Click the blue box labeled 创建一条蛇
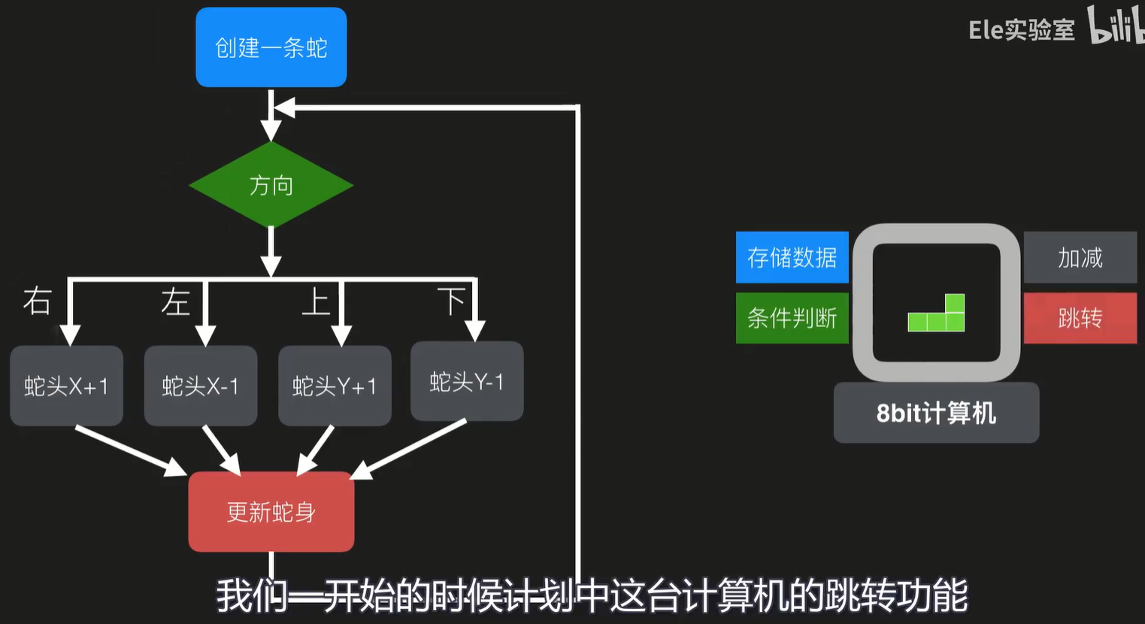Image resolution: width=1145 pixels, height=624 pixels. tap(271, 47)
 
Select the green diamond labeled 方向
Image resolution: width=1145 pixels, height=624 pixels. tap(271, 185)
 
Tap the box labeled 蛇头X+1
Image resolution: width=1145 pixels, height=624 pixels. tap(66, 386)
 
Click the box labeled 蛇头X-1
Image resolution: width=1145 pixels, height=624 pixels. tap(201, 386)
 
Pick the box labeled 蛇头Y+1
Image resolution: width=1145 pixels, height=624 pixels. tap(335, 386)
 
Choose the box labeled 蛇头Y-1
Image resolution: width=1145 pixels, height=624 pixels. tap(467, 381)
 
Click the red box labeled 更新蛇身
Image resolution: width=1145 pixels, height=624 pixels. tap(271, 512)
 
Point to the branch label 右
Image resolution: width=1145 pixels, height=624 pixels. tap(37, 301)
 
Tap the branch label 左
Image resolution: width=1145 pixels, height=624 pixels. tap(175, 301)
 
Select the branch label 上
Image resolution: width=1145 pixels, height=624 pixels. tap(315, 301)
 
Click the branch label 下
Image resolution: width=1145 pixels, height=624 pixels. tap(451, 301)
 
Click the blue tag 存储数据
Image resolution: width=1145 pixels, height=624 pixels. tap(792, 258)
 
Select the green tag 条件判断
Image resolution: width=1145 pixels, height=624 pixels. tap(792, 317)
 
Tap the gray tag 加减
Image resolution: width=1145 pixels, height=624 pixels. tap(1080, 258)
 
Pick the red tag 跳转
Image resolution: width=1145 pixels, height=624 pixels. tap(1080, 318)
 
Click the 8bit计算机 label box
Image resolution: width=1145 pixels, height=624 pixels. tap(936, 413)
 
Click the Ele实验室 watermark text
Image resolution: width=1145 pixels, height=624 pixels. tap(1021, 29)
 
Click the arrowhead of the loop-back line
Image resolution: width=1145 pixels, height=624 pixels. tap(284, 108)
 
